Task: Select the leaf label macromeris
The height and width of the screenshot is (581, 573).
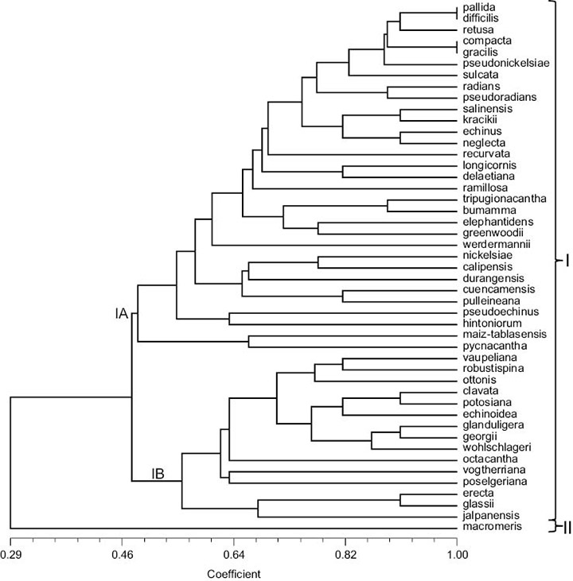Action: pos(487,528)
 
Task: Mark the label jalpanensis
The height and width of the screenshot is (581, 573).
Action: pos(488,516)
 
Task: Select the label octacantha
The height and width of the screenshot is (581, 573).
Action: pos(487,459)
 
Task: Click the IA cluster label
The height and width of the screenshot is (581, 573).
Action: pos(121,315)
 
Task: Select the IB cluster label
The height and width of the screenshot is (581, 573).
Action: pos(158,474)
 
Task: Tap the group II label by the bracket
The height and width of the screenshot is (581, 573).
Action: pos(563,525)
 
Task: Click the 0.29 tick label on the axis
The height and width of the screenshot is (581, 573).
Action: pos(10,552)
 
